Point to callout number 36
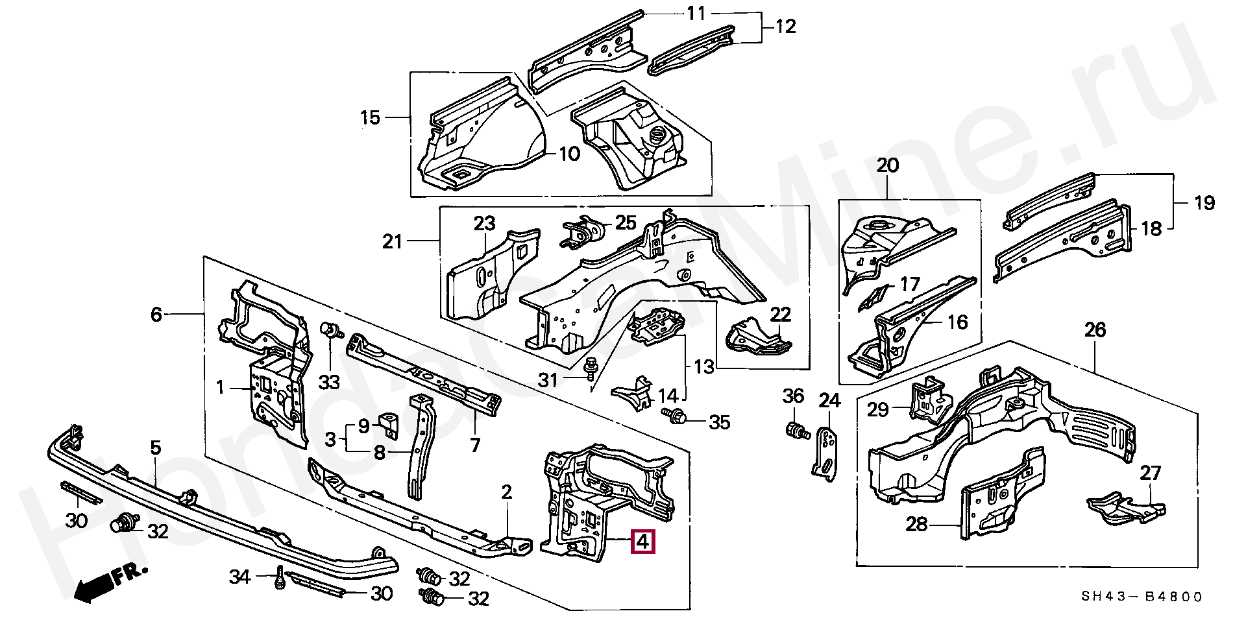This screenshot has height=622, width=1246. [x=793, y=396]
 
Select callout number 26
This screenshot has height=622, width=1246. [x=1095, y=331]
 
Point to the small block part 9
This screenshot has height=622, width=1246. [x=389, y=422]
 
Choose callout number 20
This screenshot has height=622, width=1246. [x=887, y=165]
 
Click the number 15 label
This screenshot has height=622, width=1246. [x=370, y=118]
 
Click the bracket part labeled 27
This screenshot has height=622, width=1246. [x=1125, y=508]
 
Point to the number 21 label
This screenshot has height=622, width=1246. [x=393, y=243]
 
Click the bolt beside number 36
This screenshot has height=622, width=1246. [x=796, y=430]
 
